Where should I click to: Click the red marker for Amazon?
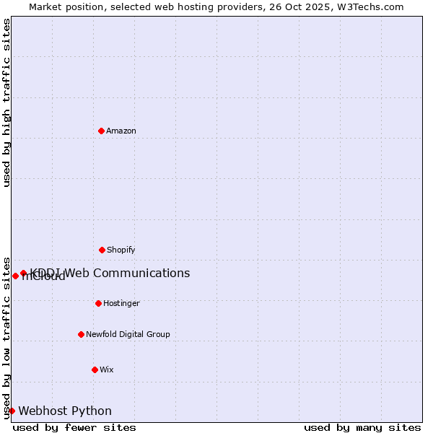(x=102, y=131)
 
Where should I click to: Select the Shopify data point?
(x=102, y=250)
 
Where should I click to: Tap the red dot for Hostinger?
(x=98, y=303)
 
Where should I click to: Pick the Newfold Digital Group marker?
(x=81, y=334)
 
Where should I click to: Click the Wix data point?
(x=95, y=369)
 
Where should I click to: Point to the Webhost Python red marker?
(x=12, y=411)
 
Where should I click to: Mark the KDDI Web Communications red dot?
(x=23, y=273)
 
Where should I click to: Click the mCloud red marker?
(x=15, y=276)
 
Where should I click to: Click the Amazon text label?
(x=121, y=131)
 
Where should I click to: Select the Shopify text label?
(x=121, y=250)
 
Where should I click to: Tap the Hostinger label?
(x=121, y=303)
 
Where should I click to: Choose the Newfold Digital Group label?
(x=128, y=334)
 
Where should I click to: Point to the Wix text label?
(x=107, y=369)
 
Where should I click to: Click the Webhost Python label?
(x=65, y=411)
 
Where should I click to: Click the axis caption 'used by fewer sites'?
(x=74, y=427)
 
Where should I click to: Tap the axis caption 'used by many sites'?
(x=362, y=427)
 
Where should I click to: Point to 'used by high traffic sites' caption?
(x=7, y=102)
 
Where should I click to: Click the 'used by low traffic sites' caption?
(x=7, y=337)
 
